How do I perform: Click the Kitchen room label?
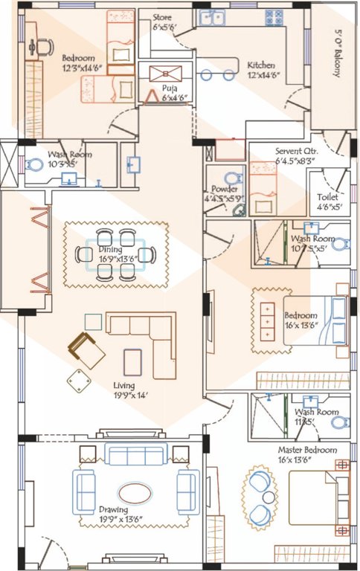261,65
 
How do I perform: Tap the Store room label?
162,16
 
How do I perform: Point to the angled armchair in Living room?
86,350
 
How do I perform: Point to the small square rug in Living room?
133,361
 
